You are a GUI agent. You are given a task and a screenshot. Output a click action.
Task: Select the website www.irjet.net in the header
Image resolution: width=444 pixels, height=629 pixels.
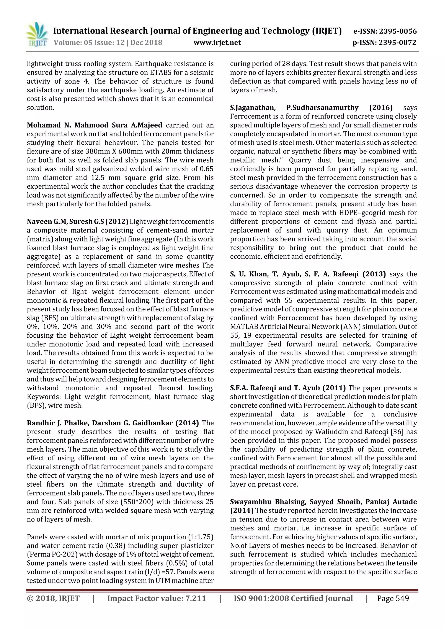(x=217, y=43)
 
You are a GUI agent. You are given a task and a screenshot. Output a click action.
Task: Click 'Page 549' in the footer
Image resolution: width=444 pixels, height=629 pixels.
(x=393, y=599)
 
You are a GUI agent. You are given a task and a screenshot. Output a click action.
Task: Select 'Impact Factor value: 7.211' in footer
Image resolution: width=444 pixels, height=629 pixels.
(x=157, y=599)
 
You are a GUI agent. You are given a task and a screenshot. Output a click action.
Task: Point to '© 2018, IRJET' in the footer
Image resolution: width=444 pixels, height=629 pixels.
(x=53, y=599)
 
